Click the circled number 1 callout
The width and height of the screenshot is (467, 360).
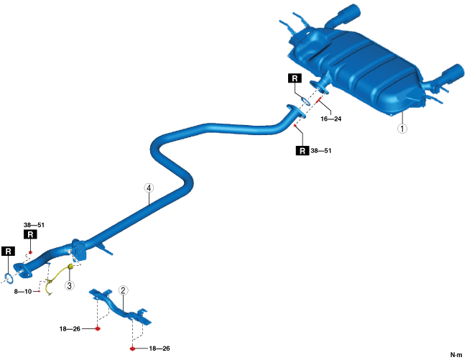tap(403, 129)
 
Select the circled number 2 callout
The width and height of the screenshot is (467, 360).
tap(124, 290)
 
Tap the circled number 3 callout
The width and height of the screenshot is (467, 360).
tap(70, 285)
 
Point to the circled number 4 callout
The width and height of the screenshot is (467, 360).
tap(149, 188)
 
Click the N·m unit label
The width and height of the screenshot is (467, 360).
tap(456, 354)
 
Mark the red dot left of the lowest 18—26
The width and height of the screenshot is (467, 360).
tap(133, 349)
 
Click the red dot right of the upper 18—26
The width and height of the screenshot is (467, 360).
tap(98, 328)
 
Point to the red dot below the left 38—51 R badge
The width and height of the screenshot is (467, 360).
tap(31, 252)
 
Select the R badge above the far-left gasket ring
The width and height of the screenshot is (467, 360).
tap(8, 251)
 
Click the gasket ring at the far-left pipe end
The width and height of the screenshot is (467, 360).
tap(7, 277)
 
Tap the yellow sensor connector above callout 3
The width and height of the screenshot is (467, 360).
tap(70, 268)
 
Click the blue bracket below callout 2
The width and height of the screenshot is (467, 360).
tap(121, 308)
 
